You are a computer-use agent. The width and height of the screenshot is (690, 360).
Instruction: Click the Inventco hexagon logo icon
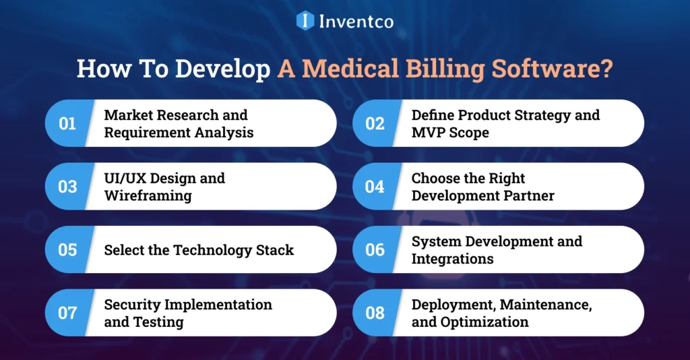point(305,20)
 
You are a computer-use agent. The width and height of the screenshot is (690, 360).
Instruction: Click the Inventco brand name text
point(355,21)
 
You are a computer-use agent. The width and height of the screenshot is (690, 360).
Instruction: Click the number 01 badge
point(67,123)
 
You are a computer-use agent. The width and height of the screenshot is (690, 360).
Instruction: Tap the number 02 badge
point(375,123)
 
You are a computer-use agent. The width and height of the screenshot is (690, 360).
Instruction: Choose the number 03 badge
point(67,187)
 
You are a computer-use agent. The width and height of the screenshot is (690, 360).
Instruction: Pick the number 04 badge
point(375,187)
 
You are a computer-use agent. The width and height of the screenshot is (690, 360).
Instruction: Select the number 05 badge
point(67,250)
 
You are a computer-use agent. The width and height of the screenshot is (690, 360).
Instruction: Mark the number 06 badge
point(375,250)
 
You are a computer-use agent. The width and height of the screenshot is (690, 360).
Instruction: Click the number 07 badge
point(67,313)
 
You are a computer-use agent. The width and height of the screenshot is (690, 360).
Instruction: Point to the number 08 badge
point(375,313)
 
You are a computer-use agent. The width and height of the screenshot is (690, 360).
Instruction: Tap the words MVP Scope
point(450,132)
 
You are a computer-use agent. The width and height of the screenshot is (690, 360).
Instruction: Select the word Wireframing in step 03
point(148,196)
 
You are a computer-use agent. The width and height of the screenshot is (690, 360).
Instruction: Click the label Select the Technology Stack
point(199,250)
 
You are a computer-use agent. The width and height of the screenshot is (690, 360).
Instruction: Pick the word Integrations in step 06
point(452,259)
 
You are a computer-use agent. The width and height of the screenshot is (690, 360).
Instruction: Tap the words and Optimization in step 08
point(470,322)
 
